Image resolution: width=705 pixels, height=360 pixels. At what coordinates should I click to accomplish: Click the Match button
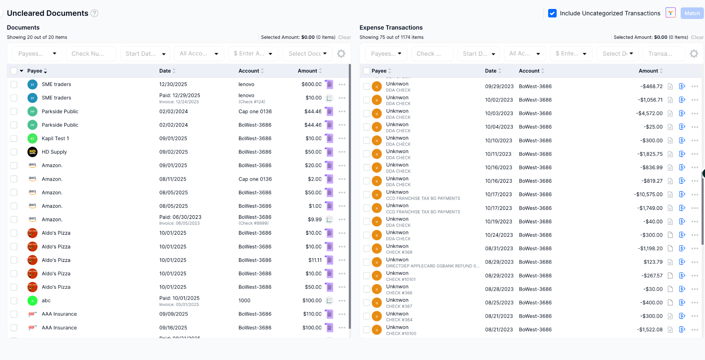[692, 13]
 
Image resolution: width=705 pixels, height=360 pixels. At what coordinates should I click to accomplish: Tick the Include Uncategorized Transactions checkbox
[552, 13]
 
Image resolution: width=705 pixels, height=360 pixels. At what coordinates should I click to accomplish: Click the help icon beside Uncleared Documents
[94, 13]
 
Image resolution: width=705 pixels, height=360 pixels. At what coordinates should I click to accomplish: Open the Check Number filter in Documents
[91, 54]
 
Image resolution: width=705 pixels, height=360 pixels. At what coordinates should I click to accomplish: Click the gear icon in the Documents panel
[341, 54]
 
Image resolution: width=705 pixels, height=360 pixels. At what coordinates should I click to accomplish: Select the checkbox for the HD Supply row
[14, 152]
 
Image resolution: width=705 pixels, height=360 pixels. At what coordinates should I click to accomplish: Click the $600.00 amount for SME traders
[311, 84]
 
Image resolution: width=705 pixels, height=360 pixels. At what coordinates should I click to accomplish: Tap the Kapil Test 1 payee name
[55, 138]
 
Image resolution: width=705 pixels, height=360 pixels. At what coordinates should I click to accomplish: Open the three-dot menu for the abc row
[342, 301]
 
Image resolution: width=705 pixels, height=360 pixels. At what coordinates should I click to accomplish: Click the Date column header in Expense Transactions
[491, 71]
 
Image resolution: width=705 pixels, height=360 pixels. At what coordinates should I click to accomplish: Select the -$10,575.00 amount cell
[648, 194]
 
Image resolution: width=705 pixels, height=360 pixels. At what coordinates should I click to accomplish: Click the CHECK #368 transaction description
[399, 252]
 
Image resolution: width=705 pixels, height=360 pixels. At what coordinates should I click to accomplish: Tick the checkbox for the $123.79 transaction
[367, 262]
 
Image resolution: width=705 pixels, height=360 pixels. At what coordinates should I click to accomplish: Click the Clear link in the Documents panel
[345, 37]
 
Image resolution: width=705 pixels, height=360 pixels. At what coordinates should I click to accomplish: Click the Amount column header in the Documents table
[307, 71]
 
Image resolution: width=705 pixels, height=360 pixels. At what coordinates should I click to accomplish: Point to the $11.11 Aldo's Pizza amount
[315, 260]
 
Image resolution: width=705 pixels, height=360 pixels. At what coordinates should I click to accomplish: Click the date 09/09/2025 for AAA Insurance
[173, 314]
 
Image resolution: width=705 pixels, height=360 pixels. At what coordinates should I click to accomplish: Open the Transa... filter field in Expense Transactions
[664, 54]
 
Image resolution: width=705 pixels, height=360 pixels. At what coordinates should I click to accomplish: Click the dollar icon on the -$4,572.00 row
[682, 113]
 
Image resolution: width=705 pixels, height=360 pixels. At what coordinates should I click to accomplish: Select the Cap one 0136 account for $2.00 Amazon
[255, 179]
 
